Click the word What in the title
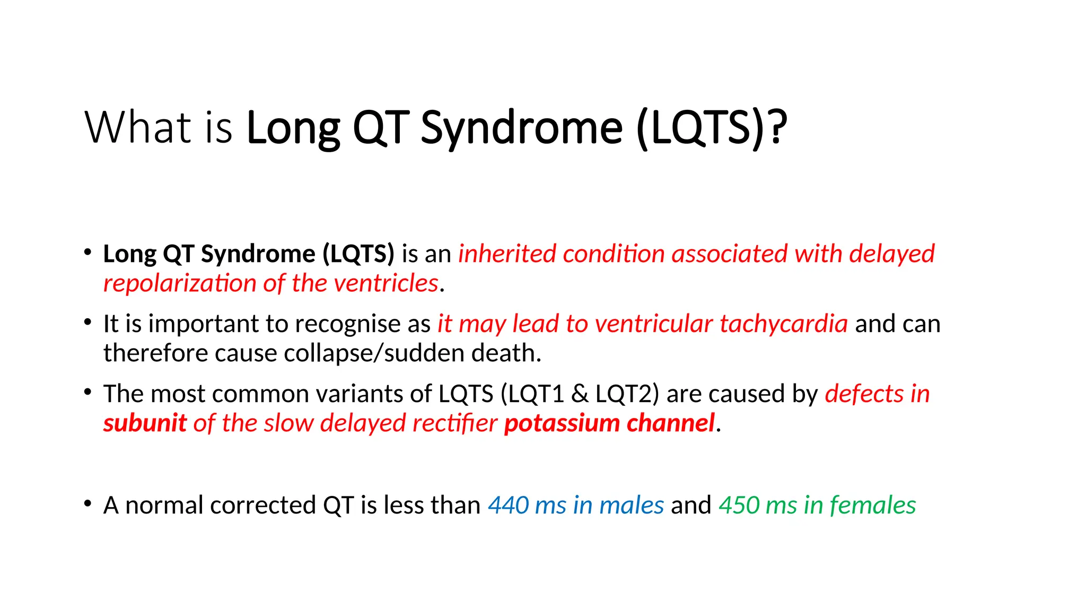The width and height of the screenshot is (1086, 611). (136, 127)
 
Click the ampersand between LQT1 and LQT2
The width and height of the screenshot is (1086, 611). (580, 394)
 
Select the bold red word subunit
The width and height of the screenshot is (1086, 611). (145, 423)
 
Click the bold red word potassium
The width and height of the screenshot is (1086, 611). (561, 423)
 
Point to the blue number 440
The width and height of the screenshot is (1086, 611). (508, 505)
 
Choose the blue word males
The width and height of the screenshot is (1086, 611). (631, 505)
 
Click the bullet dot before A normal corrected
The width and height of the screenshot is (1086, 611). (88, 503)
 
